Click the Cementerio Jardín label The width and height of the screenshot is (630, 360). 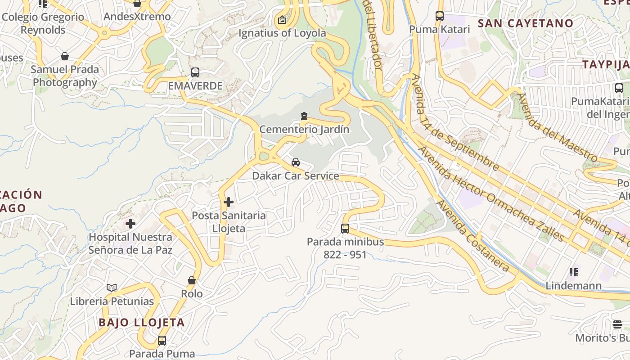(304, 130)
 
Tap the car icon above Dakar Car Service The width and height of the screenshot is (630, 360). (296, 162)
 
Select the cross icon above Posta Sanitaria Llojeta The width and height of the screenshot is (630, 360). (229, 202)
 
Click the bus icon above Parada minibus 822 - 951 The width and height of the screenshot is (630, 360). (345, 229)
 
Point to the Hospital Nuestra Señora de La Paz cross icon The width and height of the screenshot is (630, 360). (130, 223)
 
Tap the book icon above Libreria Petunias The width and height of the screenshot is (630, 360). (112, 288)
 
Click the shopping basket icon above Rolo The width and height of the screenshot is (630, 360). (192, 280)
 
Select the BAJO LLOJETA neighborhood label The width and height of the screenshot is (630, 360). (142, 322)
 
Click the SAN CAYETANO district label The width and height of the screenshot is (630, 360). (526, 23)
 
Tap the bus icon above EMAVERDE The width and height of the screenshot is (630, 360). (195, 72)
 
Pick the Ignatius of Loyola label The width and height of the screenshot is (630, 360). (282, 33)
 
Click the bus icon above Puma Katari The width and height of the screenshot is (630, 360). (440, 16)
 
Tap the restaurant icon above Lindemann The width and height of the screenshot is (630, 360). (573, 272)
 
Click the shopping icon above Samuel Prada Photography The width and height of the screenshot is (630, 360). (65, 56)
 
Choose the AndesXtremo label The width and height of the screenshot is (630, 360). (137, 17)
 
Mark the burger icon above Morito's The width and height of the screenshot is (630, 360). (617, 324)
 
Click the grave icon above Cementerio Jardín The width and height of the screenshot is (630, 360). (304, 117)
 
